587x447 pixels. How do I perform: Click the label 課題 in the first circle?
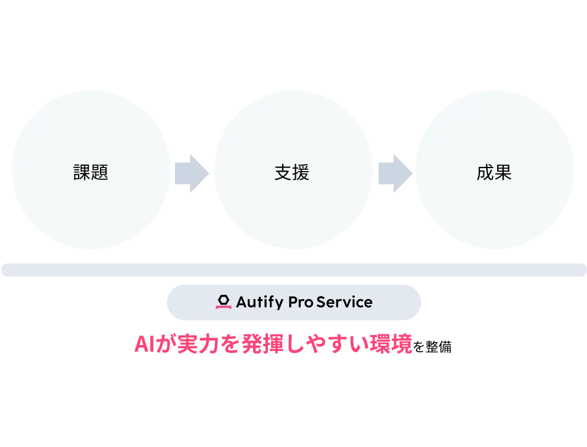click(90, 173)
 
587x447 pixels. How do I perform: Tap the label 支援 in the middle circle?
click(292, 173)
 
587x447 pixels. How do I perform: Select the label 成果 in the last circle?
click(494, 173)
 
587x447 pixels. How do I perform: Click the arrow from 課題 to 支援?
click(191, 173)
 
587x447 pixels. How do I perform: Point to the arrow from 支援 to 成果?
click(394, 173)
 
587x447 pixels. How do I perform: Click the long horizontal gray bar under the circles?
click(293, 269)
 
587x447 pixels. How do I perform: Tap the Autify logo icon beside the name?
click(223, 302)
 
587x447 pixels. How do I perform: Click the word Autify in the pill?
click(260, 302)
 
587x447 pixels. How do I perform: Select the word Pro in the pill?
click(301, 302)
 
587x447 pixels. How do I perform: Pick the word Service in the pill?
click(345, 302)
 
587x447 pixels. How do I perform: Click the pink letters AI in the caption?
click(143, 345)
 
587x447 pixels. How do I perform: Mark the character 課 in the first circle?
click(82, 173)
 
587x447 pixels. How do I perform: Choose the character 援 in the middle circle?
click(301, 173)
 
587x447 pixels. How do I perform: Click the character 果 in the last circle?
click(503, 173)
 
